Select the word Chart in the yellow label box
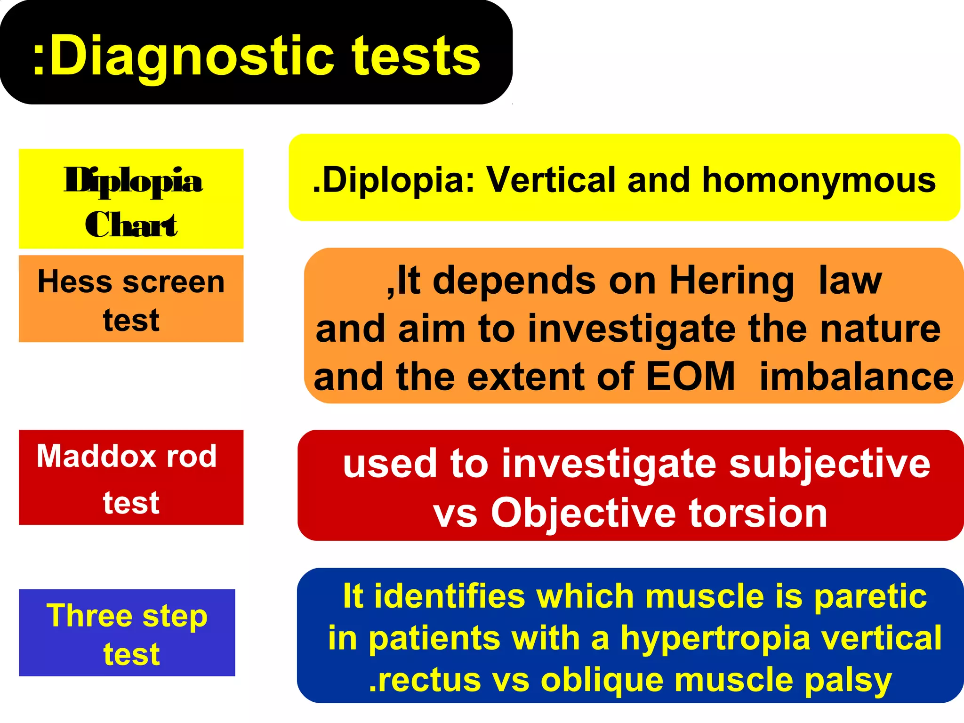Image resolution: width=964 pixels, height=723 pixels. (131, 225)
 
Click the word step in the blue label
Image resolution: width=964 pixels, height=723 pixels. (175, 617)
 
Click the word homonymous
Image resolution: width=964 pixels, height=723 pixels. (819, 180)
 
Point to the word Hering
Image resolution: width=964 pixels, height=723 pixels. (732, 281)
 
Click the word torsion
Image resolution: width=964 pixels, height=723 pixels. (758, 513)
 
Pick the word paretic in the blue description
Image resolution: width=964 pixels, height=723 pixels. (870, 597)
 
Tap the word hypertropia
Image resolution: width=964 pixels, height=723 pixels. (715, 639)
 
